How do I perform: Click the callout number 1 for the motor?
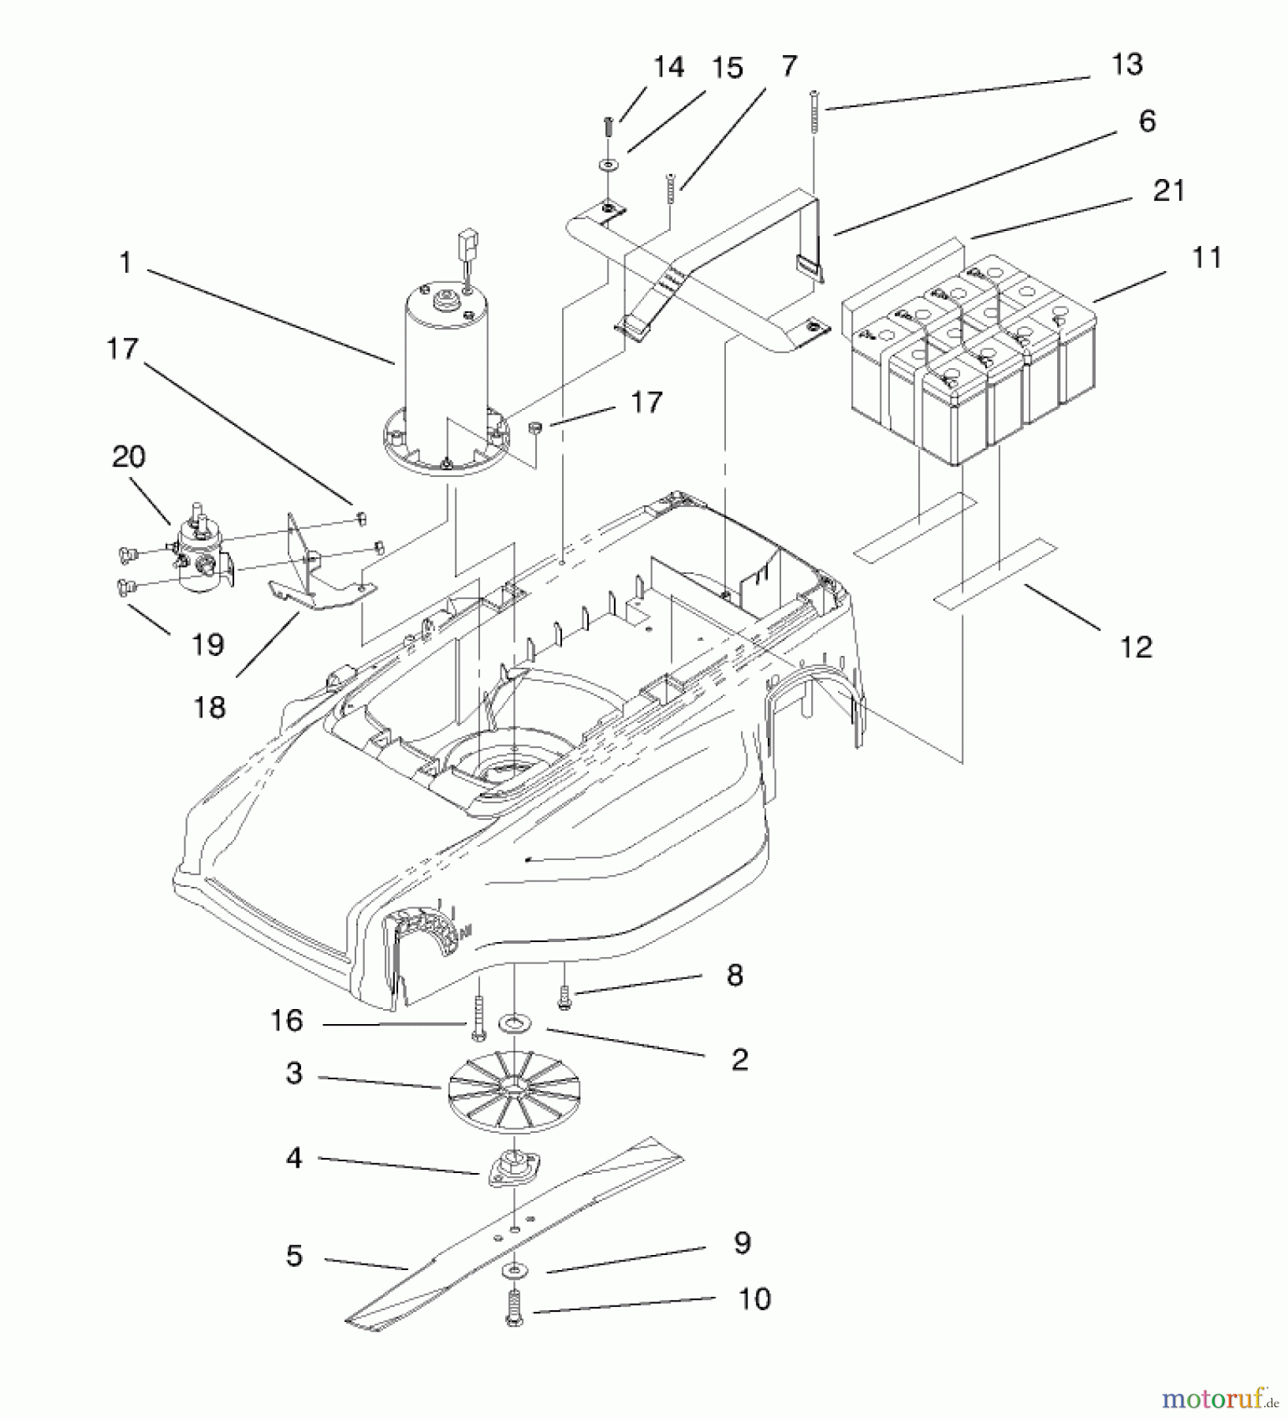[x=125, y=263]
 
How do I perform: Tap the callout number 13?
[x=1126, y=65]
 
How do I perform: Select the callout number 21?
[x=1168, y=191]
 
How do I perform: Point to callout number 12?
[x=1136, y=646]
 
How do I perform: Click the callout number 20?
[x=128, y=456]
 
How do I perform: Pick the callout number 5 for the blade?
[x=294, y=1256]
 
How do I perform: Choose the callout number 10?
[x=754, y=1298]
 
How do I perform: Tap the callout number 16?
[x=286, y=1021]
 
